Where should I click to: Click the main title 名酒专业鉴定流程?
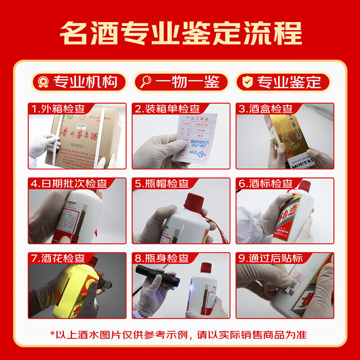coord(180,32)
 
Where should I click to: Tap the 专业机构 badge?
coord(79,82)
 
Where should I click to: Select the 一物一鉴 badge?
coord(181,82)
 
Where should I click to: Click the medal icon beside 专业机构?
coord(43,82)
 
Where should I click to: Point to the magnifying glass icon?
coord(145,82)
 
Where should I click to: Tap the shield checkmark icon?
coord(247,82)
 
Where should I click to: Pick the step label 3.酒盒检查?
coord(265,109)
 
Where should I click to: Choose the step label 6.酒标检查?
coord(265,184)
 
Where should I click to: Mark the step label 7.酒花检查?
coord(58,258)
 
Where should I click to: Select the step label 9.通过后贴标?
coord(270,258)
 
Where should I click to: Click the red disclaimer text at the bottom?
coord(180,335)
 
